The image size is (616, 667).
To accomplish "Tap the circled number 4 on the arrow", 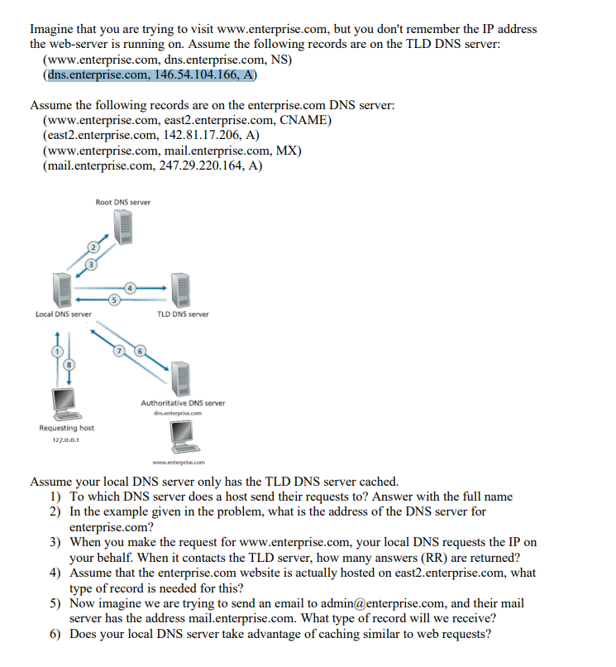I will point(130,287).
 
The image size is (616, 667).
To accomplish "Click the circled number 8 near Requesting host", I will point(70,365).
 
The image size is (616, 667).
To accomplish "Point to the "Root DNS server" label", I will point(123,202).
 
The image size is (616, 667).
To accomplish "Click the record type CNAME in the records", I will point(304,121).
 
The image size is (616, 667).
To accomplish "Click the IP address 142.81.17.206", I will point(194,136).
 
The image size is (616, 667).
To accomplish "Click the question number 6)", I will point(55,635).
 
